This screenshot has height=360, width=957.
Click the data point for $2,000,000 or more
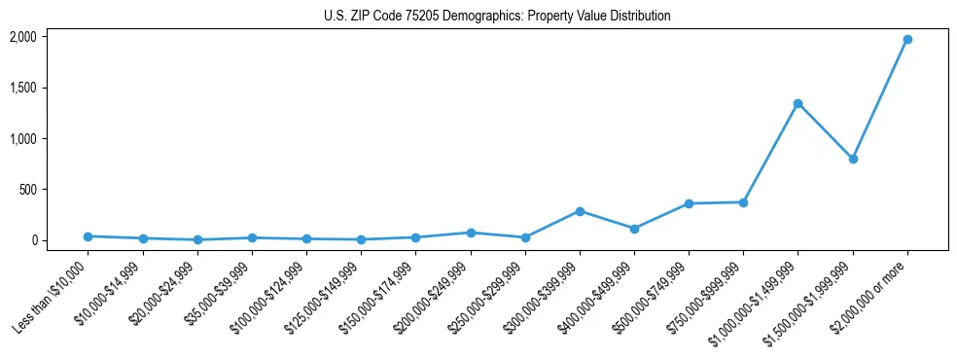tap(906, 39)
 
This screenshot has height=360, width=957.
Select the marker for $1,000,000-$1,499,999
tap(797, 103)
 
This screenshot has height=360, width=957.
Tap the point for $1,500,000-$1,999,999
tap(852, 159)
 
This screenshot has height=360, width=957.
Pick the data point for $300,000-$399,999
tap(580, 211)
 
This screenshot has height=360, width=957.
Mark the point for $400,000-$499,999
tap(634, 229)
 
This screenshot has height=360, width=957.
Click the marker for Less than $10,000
tap(89, 236)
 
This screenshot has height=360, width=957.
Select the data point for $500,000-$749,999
tap(689, 203)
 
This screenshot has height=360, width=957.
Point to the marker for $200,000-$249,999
tap(471, 233)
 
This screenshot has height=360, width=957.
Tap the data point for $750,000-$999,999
tap(743, 202)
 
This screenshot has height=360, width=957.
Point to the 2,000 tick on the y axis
tap(23, 37)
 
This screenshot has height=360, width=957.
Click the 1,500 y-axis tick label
tap(23, 88)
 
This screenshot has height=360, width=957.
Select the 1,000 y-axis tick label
tap(23, 138)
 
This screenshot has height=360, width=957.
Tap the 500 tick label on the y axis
tap(28, 190)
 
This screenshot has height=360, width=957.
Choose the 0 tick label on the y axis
tap(34, 240)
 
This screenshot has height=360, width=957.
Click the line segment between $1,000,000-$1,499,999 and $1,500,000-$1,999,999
tap(825, 131)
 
